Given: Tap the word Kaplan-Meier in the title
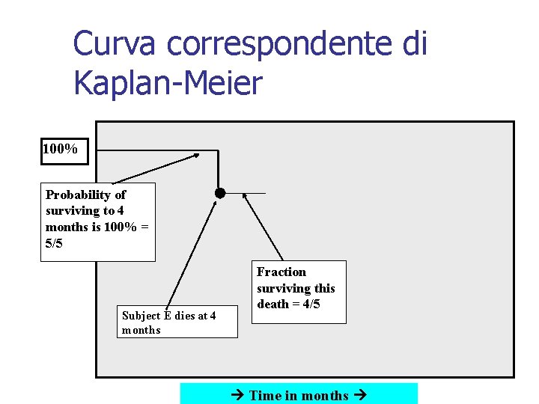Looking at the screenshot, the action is [168, 83].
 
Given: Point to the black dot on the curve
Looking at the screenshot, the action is [220, 193].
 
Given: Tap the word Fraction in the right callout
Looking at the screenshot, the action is [281, 272].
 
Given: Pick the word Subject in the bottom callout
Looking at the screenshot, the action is [139, 316].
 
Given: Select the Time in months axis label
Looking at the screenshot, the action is [299, 395].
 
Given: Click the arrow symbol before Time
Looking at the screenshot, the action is [239, 395].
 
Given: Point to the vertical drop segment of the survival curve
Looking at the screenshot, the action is [218, 171].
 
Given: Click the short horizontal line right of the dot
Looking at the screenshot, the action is [246, 193].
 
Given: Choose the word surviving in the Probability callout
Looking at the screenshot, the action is [72, 211].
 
